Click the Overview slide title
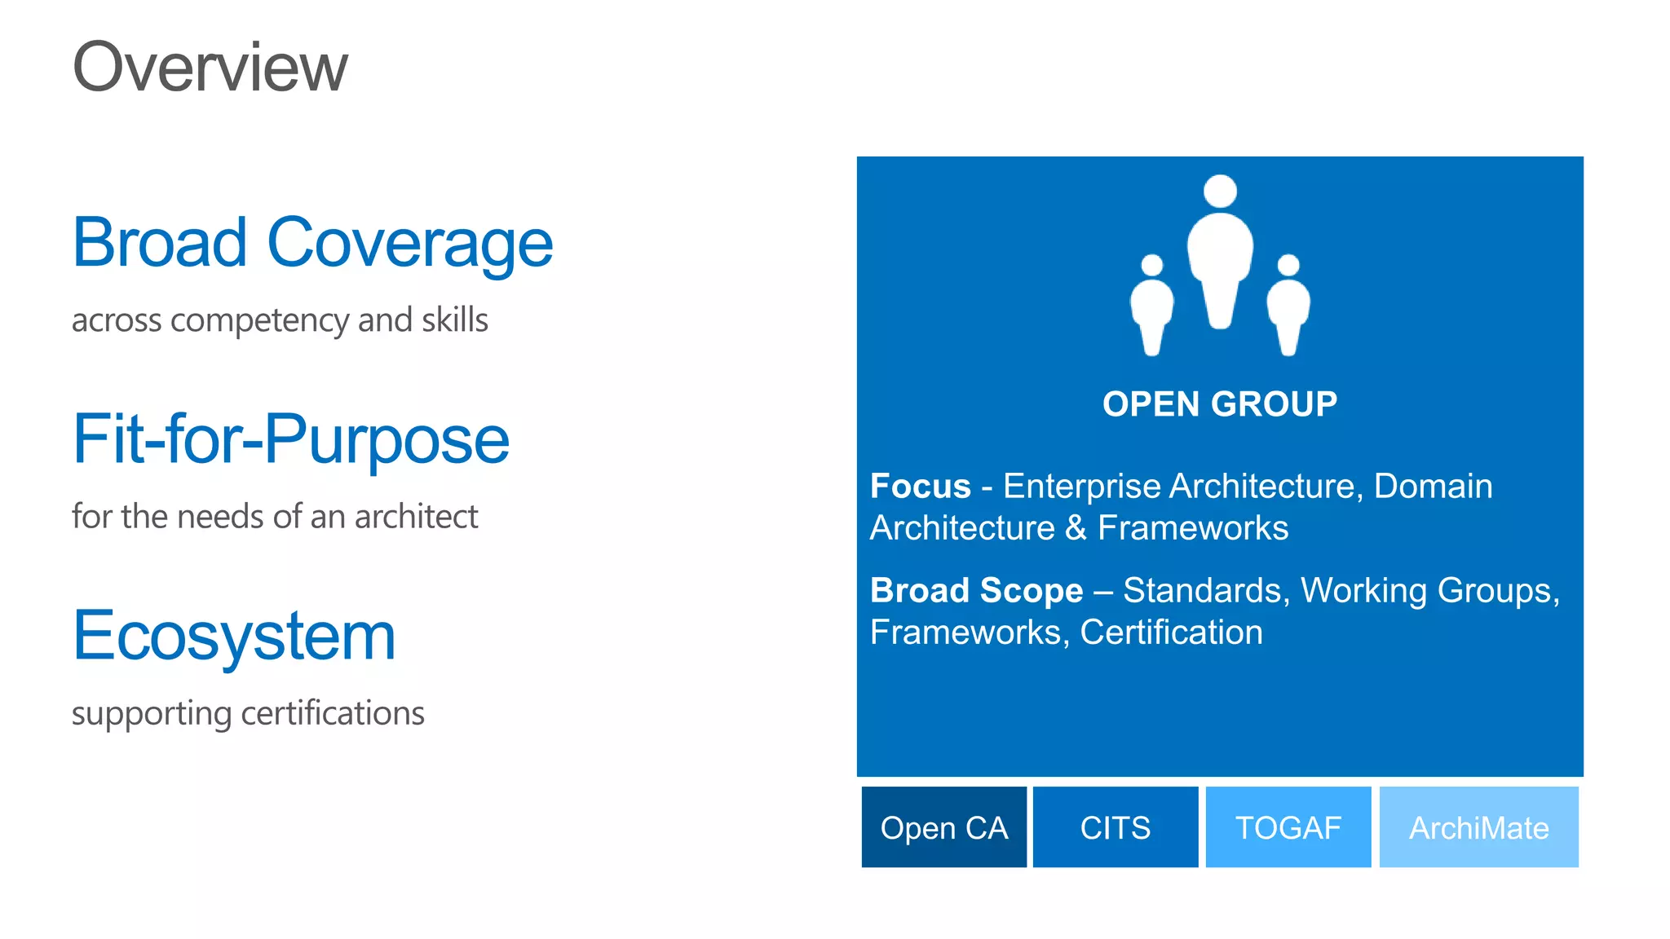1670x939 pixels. tap(210, 67)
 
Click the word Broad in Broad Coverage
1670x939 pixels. tap(160, 243)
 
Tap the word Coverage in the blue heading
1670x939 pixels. tap(410, 245)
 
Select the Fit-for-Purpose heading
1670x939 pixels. tap(291, 440)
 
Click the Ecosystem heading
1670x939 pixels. tap(234, 637)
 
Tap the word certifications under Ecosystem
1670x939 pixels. tap(333, 713)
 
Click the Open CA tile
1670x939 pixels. tap(943, 827)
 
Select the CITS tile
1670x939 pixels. tap(1115, 827)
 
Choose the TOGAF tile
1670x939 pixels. tap(1288, 827)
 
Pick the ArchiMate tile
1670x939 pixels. tap(1478, 827)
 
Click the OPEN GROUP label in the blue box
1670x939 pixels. tap(1220, 404)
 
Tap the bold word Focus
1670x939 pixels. tap(921, 487)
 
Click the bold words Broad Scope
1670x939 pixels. tap(976, 591)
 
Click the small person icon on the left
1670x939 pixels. tap(1151, 306)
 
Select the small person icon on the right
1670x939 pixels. tap(1288, 306)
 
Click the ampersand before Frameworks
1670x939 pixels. tap(1076, 528)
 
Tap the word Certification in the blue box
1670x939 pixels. tap(1171, 633)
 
